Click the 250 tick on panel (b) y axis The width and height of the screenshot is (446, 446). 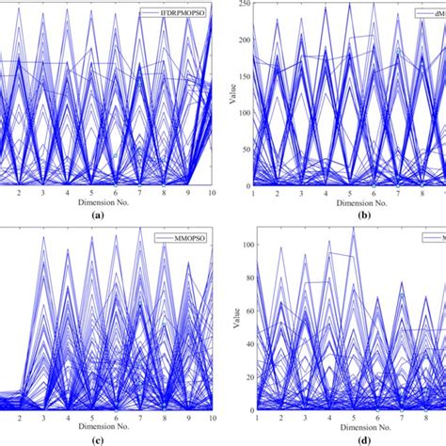pyautogui.click(x=242, y=5)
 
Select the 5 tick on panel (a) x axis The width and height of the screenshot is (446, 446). pyautogui.click(x=91, y=191)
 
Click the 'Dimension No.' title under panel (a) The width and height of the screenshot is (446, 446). pyautogui.click(x=91, y=201)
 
